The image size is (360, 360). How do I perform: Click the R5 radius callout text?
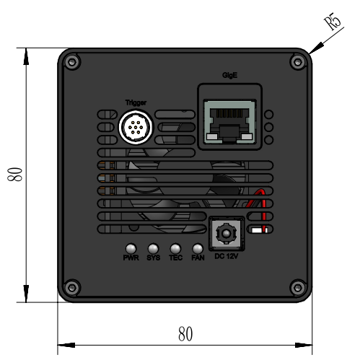333,21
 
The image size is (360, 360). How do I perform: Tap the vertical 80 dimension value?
15,175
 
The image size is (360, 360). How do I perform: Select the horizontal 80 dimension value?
185,334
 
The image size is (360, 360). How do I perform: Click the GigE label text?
229,75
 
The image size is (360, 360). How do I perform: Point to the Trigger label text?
136,102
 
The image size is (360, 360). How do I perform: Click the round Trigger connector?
136,127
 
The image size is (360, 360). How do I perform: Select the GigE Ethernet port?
229,122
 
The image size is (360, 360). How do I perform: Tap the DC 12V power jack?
226,233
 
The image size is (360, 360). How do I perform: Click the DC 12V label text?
226,256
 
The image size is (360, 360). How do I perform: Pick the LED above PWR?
131,249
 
